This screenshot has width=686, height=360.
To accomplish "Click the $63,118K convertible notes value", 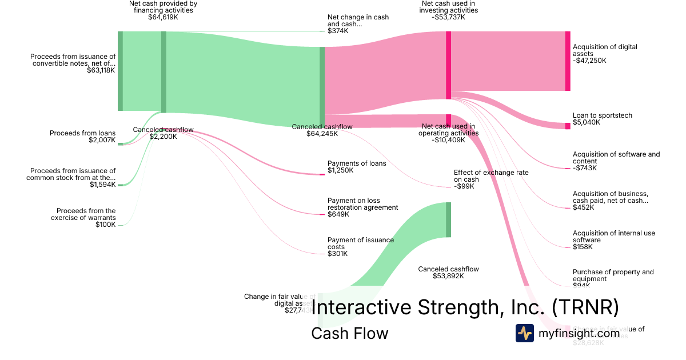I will coord(101,70).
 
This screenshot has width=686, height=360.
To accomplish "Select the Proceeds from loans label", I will coord(82,133).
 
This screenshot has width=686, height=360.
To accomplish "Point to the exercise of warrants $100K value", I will coord(105,225).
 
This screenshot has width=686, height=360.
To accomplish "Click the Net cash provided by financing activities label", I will coord(163,7).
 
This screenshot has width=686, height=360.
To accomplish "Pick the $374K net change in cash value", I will coord(338,31).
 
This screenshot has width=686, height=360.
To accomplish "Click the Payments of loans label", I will coord(357,163).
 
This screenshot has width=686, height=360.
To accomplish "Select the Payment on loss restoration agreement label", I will coord(362,204).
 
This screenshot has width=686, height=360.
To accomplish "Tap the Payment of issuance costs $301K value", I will coord(337,254).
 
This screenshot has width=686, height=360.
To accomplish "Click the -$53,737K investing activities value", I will coord(448,17).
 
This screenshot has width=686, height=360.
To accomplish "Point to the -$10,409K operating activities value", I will coord(448,140).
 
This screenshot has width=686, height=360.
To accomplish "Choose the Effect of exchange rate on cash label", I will coord(491,175).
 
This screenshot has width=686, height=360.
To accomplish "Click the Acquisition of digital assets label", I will coord(604,50).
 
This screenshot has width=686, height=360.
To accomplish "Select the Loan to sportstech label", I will coord(603,115).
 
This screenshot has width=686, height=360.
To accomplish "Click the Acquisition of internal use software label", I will coord(613,237).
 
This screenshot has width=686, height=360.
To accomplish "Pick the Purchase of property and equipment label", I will coord(613,275).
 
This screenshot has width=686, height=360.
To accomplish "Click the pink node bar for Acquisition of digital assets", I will coord(568,61).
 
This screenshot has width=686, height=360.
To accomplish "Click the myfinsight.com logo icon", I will coord(525,333).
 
